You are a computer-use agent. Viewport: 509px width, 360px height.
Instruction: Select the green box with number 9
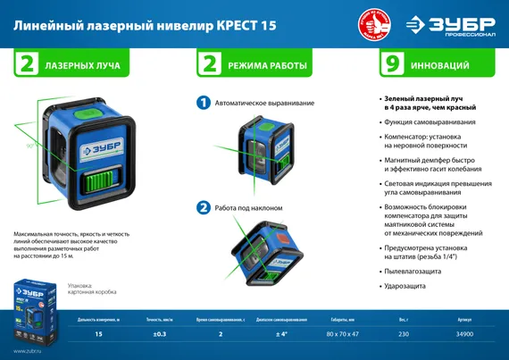389,65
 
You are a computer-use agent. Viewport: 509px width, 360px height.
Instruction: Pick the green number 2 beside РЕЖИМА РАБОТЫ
211,65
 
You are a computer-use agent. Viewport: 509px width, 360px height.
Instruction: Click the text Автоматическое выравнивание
258,104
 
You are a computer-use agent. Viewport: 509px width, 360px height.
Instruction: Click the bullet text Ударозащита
404,286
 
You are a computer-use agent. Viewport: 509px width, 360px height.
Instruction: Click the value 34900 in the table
463,333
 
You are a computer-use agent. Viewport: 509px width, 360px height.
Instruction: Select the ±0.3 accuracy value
161,333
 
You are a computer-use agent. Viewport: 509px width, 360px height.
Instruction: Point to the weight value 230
403,333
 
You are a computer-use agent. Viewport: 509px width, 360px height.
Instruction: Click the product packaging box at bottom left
38,308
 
